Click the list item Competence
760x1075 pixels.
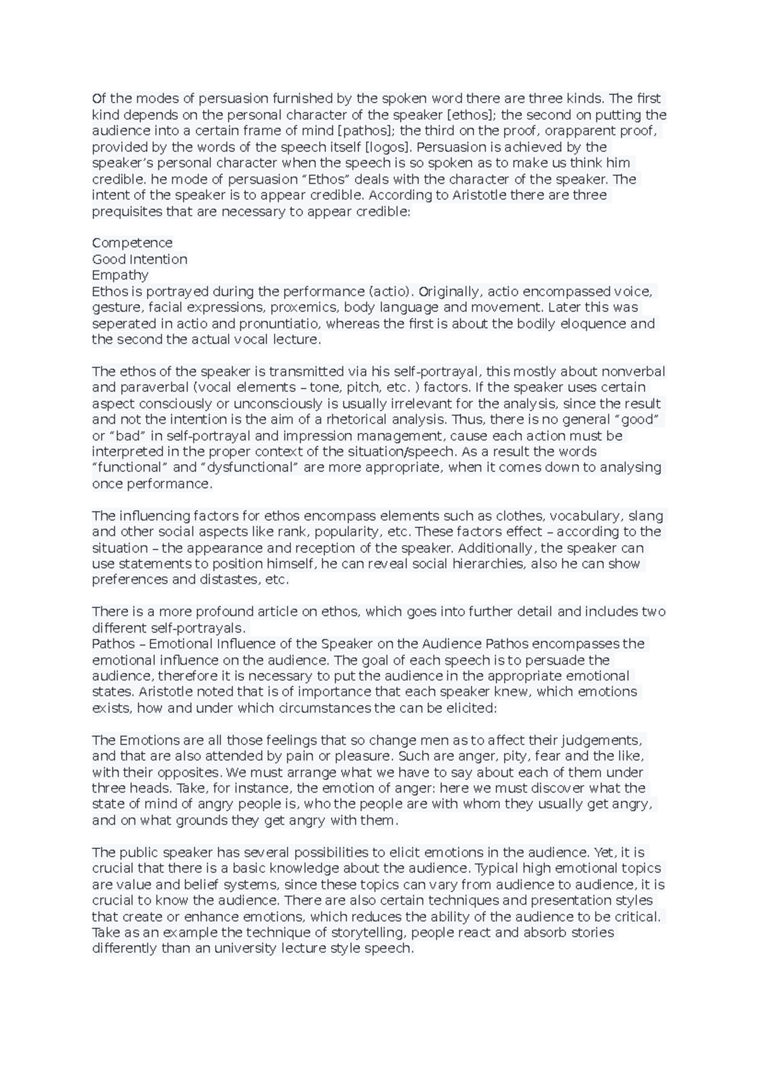click(132, 243)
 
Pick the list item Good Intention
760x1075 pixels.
click(139, 260)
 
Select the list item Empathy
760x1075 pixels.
click(120, 275)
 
